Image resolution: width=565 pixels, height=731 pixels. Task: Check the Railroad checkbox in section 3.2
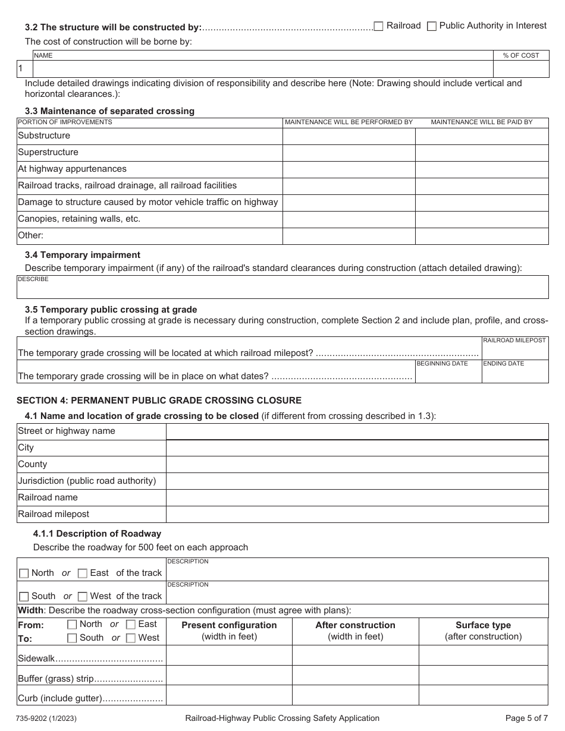[378, 26]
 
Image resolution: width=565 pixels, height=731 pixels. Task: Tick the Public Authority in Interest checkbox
[432, 26]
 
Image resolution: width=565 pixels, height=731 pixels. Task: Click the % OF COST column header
[521, 55]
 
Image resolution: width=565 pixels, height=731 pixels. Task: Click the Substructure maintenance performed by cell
[349, 136]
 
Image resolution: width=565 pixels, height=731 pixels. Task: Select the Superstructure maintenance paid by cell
[482, 153]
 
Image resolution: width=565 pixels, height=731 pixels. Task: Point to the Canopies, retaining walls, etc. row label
[79, 219]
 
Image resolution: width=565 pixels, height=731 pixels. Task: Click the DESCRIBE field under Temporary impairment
[282, 288]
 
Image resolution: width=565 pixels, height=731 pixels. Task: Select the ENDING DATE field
[514, 374]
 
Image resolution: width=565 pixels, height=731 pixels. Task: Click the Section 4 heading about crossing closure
[159, 401]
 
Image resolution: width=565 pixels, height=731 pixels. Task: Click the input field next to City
[357, 448]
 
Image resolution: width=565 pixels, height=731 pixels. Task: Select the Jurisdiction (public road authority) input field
[357, 481]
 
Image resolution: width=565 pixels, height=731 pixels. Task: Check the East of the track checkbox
[83, 574]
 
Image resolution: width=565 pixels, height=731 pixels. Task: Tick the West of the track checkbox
[83, 597]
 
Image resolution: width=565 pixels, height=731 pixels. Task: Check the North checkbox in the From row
[72, 625]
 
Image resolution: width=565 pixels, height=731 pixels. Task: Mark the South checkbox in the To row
[72, 638]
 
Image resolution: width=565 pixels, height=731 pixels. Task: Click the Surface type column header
[483, 625]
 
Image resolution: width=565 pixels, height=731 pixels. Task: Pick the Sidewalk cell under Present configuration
[229, 656]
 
